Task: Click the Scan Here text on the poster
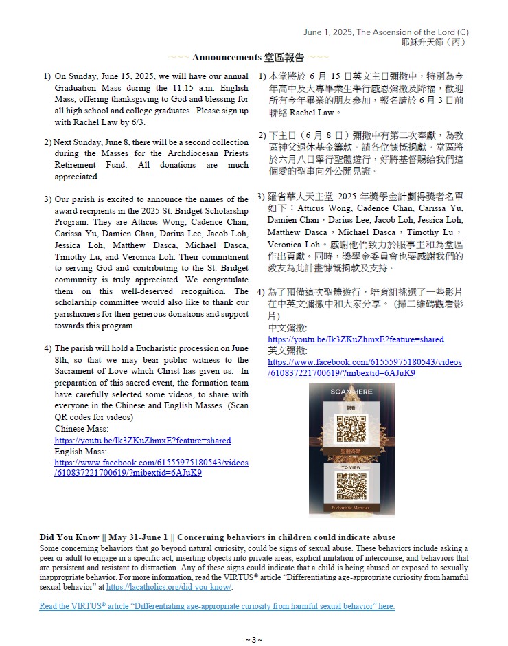(351, 392)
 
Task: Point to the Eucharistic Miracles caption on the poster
(351, 508)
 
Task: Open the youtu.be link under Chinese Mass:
(143, 441)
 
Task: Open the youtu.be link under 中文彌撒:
(356, 339)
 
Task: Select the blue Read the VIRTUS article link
(217, 606)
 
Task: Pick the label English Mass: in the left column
(80, 452)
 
